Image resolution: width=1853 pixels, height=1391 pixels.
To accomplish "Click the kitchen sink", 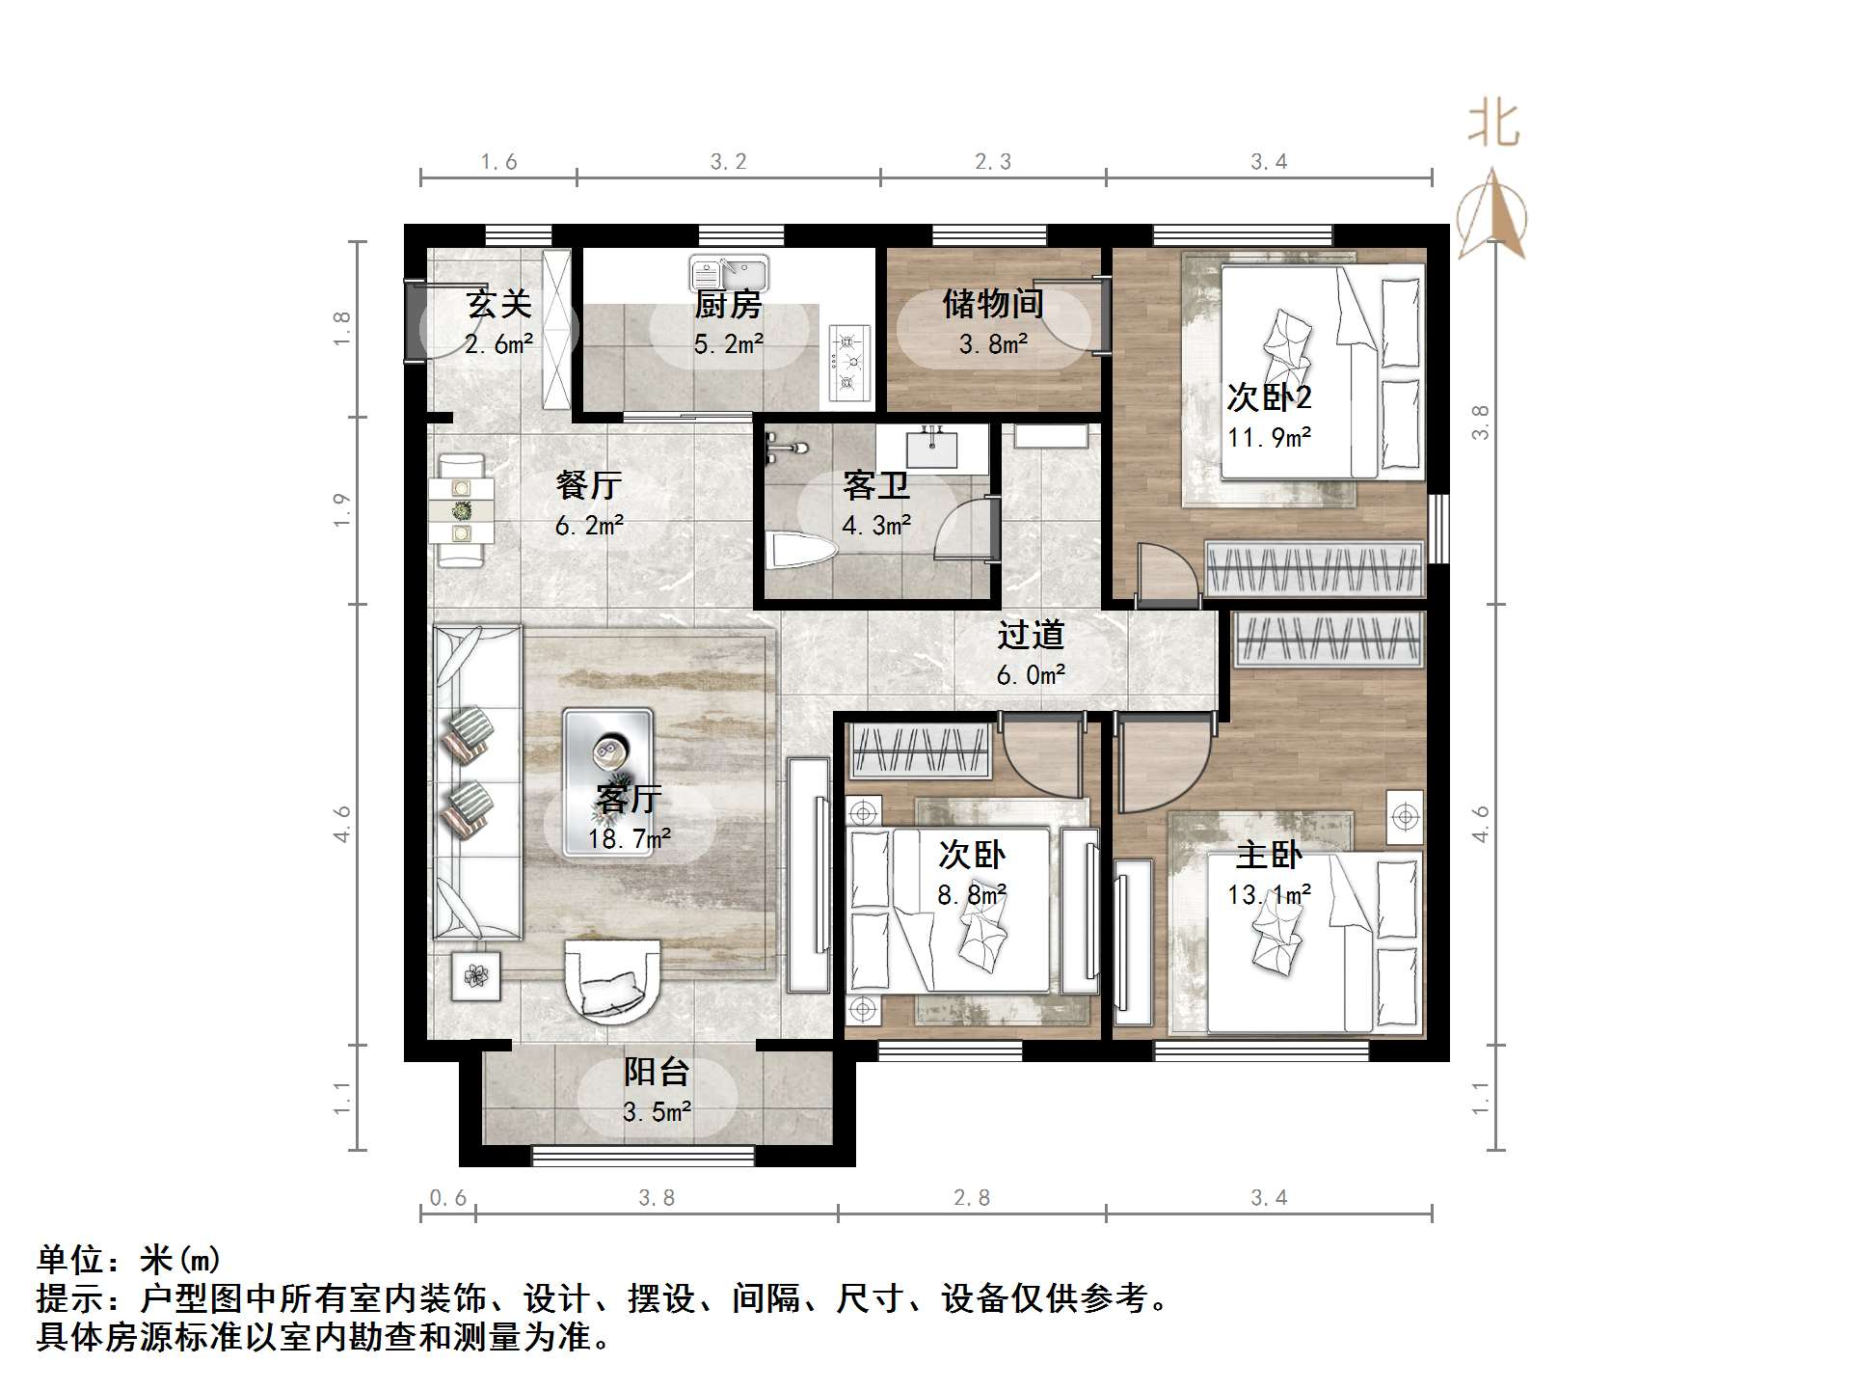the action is click(729, 273).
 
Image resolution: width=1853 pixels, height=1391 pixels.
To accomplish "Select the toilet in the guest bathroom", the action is click(802, 553).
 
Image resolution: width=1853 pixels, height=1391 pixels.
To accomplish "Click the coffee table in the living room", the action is click(608, 782).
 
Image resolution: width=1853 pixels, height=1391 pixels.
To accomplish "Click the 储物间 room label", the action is click(993, 304).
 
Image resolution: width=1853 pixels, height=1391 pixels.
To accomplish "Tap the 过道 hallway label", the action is click(1031, 635).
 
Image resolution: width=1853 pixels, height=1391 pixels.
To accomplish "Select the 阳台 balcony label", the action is click(657, 1072).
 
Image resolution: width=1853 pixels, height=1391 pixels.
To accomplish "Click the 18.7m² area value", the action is click(630, 839).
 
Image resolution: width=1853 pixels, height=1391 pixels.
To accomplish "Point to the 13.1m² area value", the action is click(1269, 895).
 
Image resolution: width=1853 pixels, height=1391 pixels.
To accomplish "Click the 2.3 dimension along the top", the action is click(993, 161).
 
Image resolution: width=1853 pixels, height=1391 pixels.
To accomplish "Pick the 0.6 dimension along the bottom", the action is click(447, 1197).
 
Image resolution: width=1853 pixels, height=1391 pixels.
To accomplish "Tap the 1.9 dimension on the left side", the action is click(341, 510).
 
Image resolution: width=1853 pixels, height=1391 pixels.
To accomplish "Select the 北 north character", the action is click(1493, 124).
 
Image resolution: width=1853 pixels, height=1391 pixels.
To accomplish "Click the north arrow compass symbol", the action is click(1491, 214).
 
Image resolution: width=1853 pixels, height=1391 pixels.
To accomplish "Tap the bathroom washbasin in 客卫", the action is click(931, 450).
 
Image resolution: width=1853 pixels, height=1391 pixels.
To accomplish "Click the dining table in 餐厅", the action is click(462, 510).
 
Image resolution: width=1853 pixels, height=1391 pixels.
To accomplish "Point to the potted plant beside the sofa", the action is click(476, 975).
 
